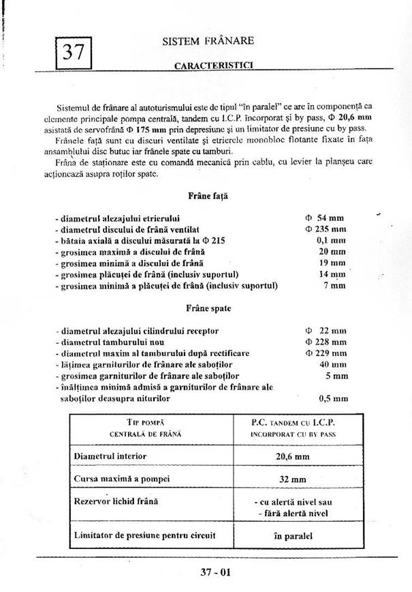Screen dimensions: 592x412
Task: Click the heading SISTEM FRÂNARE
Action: click(x=208, y=41)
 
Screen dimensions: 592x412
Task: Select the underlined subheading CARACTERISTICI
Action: click(x=209, y=66)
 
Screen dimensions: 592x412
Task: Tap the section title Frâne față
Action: click(x=208, y=196)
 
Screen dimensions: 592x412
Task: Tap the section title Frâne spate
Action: click(x=208, y=308)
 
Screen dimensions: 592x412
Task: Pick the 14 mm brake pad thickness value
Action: click(x=332, y=274)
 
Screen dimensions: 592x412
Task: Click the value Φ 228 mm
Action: click(x=326, y=342)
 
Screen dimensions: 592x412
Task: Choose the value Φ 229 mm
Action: click(x=326, y=353)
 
